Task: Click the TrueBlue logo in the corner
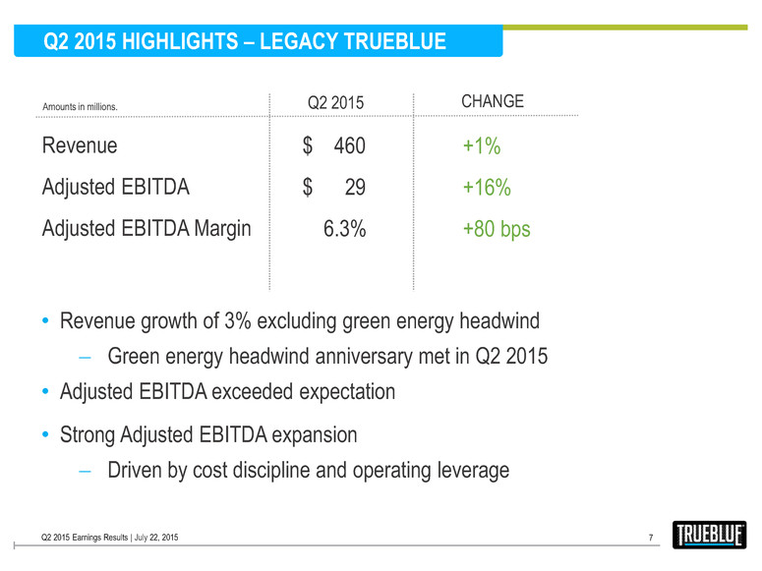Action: click(x=710, y=536)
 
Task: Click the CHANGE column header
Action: click(x=492, y=101)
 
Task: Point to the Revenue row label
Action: click(x=80, y=145)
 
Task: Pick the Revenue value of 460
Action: click(x=349, y=145)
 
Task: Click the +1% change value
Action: click(x=482, y=145)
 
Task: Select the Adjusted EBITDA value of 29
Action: click(x=355, y=187)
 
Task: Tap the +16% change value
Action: click(x=488, y=187)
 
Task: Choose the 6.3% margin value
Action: click(x=344, y=229)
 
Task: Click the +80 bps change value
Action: click(x=497, y=229)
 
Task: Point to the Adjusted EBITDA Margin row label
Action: click(x=147, y=229)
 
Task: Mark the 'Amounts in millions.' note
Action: click(x=80, y=106)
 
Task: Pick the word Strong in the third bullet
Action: click(x=88, y=433)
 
